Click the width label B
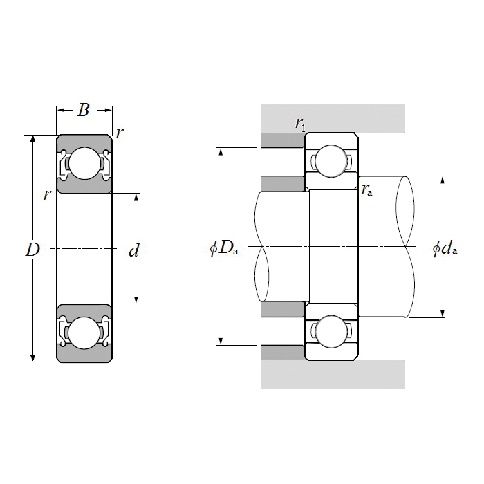pos(84,110)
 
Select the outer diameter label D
pos(32,250)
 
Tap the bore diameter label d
pos(134,250)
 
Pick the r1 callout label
pos(300,124)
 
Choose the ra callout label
pos(367,189)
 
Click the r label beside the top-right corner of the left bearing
pos(120,133)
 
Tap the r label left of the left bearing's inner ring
pos(47,195)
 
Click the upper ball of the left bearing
pos(85,163)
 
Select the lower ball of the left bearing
pos(84,333)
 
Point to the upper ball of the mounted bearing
pos(331,161)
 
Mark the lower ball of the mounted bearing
pos(331,331)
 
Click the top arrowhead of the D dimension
pos(33,139)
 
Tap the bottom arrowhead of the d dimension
pos(136,299)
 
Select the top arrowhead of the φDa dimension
pos(221,151)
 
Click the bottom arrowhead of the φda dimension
pos(443,313)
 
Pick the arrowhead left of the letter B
pos(61,110)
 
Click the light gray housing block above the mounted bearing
pos(333,118)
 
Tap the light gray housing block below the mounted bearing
pos(333,374)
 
